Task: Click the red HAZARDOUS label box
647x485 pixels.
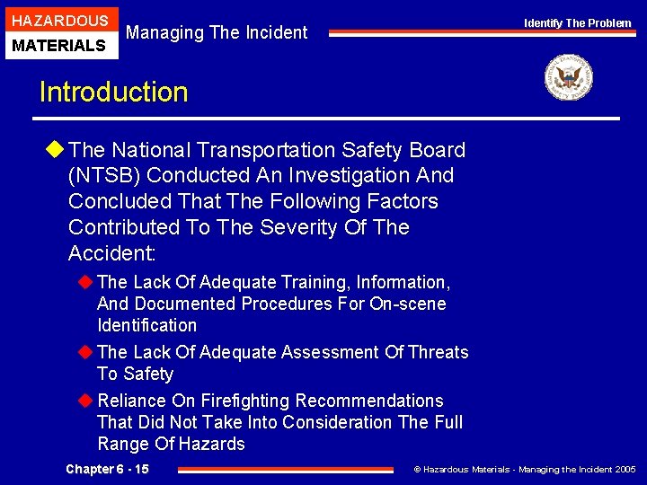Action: [59, 20]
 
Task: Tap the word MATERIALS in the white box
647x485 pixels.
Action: [59, 45]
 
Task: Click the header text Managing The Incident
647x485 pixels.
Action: [217, 33]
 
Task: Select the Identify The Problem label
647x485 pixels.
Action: [578, 23]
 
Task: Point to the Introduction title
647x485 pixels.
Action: [113, 93]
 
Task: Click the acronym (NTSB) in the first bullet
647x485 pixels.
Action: [102, 175]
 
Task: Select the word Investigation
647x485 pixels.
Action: [352, 175]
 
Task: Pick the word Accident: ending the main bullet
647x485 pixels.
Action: [111, 252]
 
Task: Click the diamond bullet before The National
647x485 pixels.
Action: [56, 150]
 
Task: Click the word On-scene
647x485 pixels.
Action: [407, 304]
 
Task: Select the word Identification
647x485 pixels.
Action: [146, 325]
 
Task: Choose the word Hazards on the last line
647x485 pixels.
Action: [211, 444]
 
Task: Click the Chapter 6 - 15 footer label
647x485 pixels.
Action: [108, 470]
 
